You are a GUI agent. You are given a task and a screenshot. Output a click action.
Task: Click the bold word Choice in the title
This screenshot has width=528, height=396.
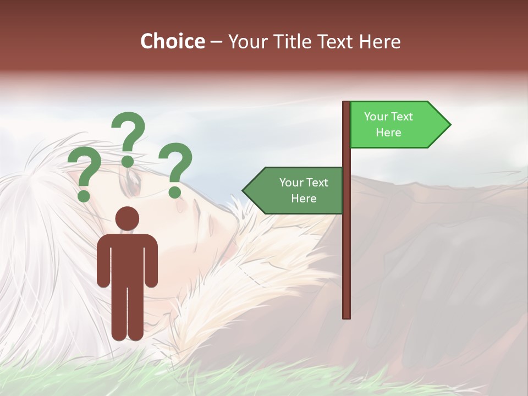click(172, 41)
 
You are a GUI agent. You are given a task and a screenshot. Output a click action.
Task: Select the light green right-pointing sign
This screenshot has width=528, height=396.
click(396, 125)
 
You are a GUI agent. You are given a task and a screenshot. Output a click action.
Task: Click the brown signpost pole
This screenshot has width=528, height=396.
click(346, 248)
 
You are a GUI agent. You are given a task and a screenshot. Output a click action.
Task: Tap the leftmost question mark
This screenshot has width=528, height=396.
click(85, 174)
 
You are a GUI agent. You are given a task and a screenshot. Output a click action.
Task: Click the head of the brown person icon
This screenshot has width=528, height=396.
click(127, 218)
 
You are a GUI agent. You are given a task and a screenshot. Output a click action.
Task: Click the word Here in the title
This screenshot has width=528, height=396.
click(380, 41)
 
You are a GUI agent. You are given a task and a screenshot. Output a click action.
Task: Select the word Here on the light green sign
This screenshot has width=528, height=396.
click(388, 133)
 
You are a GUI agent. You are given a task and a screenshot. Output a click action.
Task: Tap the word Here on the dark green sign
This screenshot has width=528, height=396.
click(304, 199)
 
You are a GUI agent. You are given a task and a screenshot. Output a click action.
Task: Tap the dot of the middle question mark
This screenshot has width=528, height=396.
click(128, 161)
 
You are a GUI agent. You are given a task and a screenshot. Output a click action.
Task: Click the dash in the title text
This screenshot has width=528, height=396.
click(216, 42)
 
